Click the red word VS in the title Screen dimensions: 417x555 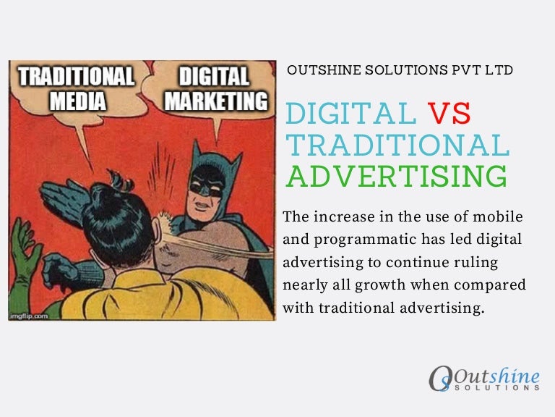pos(449,114)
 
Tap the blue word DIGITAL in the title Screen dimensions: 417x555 pos(350,114)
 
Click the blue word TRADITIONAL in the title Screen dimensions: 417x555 pos(397,145)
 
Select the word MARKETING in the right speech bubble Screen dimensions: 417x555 pos(215,99)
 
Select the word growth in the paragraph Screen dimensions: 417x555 pos(390,285)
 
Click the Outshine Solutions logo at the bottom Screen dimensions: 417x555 pos(483,379)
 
